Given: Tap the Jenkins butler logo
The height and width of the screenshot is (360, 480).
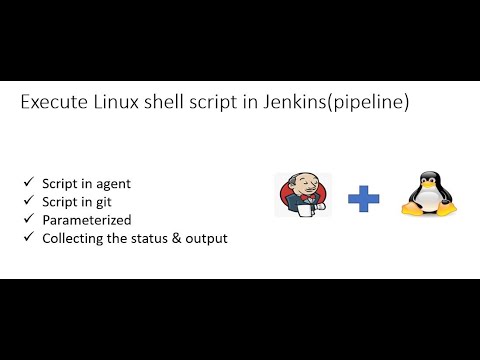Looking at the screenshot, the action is click(x=302, y=195).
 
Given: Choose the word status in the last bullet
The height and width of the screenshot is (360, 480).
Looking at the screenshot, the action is click(x=149, y=237).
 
